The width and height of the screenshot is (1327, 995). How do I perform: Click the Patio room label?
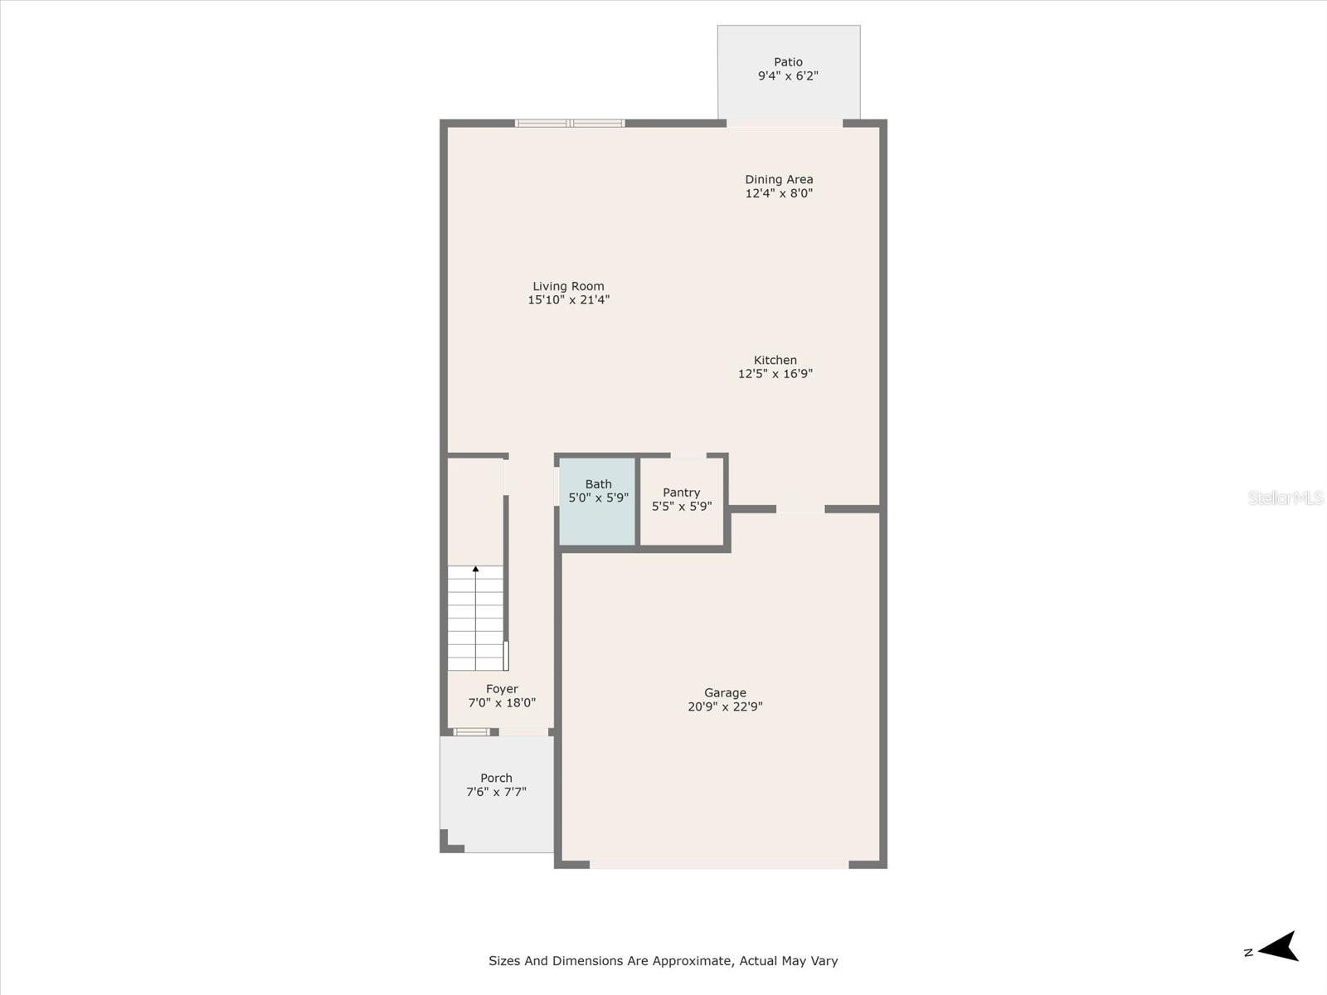(788, 62)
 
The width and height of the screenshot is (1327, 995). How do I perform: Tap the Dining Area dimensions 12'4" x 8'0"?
(779, 193)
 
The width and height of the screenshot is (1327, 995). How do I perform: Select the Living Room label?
(568, 286)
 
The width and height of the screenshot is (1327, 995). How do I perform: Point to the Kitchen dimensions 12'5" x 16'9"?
(775, 374)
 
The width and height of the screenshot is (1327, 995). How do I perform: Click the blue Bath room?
(597, 502)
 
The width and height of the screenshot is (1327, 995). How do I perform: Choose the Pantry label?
(682, 493)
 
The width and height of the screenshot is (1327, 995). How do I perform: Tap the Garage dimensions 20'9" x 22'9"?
(725, 706)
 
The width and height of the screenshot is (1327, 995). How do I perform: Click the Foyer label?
(502, 689)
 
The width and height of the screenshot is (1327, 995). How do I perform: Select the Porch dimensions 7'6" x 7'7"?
(496, 792)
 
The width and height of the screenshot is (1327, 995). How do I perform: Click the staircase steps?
(475, 618)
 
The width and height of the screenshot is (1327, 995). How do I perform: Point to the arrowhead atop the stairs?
(476, 569)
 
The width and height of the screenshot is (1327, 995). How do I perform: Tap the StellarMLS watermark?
(1286, 498)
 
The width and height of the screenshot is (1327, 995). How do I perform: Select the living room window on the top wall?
(570, 124)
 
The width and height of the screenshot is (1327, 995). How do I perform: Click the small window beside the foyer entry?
(472, 731)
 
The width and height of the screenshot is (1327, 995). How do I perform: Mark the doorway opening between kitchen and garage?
(800, 509)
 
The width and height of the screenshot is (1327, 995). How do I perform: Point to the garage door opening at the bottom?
(719, 865)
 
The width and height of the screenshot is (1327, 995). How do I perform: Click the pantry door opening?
(688, 455)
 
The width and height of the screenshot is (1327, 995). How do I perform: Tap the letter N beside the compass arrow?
(1248, 953)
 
